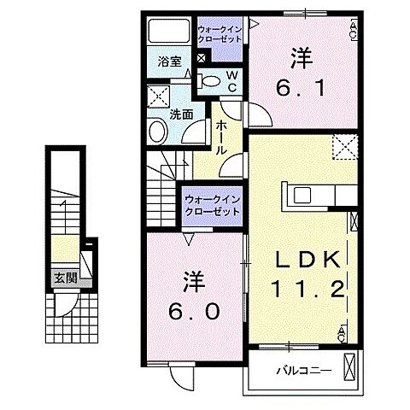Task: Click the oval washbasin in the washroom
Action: pyautogui.click(x=159, y=130)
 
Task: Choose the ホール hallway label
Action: pyautogui.click(x=220, y=137)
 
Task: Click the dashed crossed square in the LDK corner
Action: pyautogui.click(x=344, y=148)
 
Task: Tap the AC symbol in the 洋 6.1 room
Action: pyautogui.click(x=353, y=31)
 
